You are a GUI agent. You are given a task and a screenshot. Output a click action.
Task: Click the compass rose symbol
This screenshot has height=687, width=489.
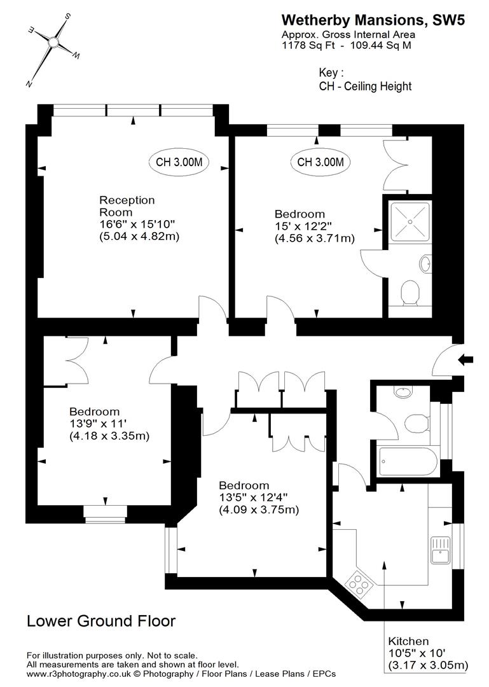53,43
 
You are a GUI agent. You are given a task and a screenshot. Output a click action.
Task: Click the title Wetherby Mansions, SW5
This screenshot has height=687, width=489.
373,20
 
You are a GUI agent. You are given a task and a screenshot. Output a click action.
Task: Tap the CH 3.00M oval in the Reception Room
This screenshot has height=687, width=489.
179,162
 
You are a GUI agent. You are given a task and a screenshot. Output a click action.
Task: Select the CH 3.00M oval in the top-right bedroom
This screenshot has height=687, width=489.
320,162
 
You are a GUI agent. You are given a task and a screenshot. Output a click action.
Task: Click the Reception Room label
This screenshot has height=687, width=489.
127,206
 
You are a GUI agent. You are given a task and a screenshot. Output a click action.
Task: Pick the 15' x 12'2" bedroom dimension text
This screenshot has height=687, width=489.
302,226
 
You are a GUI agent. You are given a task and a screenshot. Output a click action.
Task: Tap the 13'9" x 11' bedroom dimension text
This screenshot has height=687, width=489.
99,424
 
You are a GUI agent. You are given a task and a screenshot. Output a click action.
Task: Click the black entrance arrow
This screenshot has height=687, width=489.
465,360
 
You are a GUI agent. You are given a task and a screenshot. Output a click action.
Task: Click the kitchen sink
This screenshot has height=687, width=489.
440,549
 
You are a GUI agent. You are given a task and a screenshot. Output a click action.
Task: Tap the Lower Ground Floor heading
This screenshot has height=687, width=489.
101,621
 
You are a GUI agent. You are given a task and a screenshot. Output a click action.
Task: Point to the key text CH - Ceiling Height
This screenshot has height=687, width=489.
365,87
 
